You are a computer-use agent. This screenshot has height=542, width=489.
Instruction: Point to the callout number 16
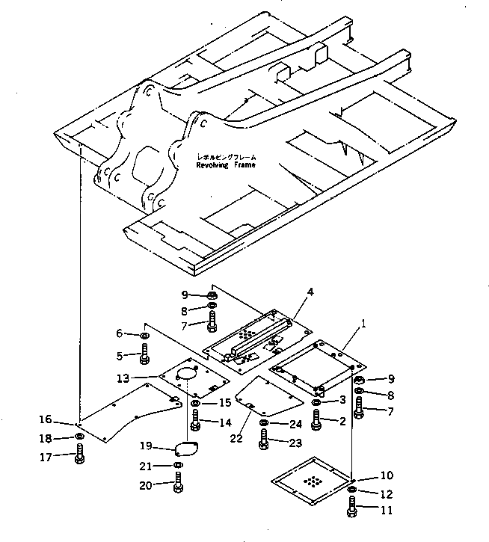(46, 419)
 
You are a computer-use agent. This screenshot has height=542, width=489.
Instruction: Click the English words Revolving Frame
(226, 165)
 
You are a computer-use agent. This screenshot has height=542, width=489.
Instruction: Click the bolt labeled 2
(316, 422)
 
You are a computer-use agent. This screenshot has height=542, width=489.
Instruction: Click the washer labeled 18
(79, 437)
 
